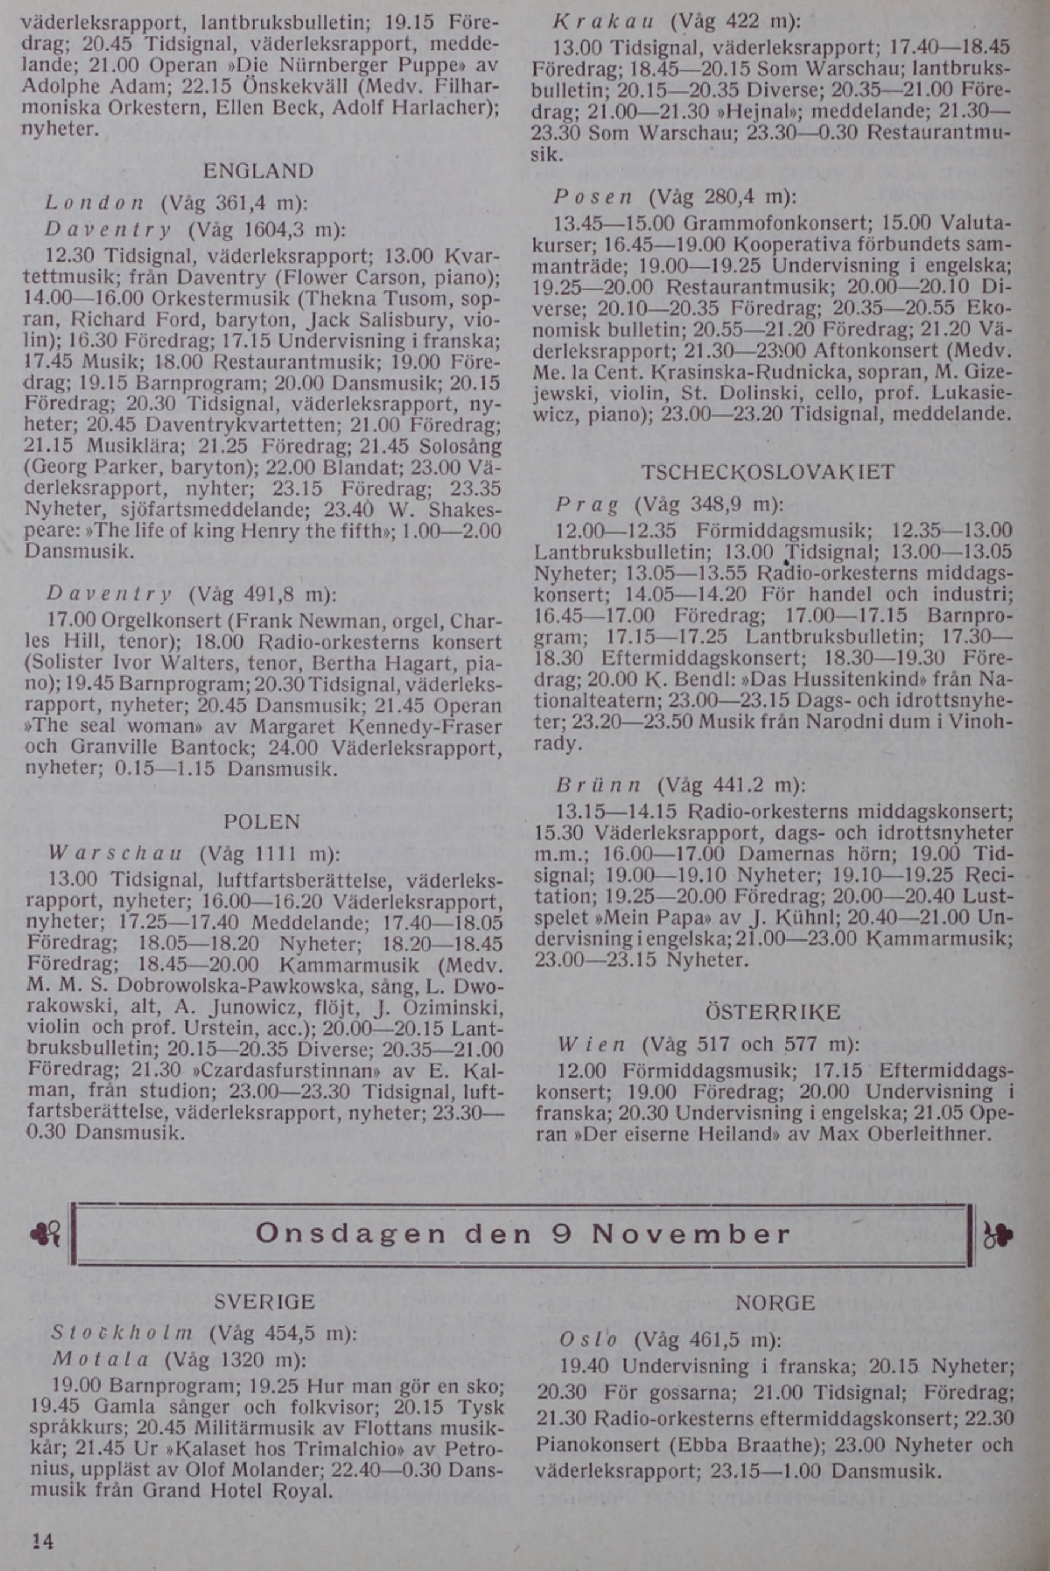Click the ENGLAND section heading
pyautogui.click(x=258, y=171)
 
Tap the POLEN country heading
pyautogui.click(x=262, y=822)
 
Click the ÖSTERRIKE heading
pyautogui.click(x=773, y=1012)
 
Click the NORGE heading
pyautogui.click(x=775, y=1303)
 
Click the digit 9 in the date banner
pyautogui.click(x=562, y=1234)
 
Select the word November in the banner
pyautogui.click(x=691, y=1234)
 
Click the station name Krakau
pyautogui.click(x=603, y=22)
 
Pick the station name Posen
pyautogui.click(x=593, y=198)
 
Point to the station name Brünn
pyautogui.click(x=599, y=785)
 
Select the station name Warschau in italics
pyautogui.click(x=116, y=855)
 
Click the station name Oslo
pyautogui.click(x=588, y=1340)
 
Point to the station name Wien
pyautogui.click(x=591, y=1044)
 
